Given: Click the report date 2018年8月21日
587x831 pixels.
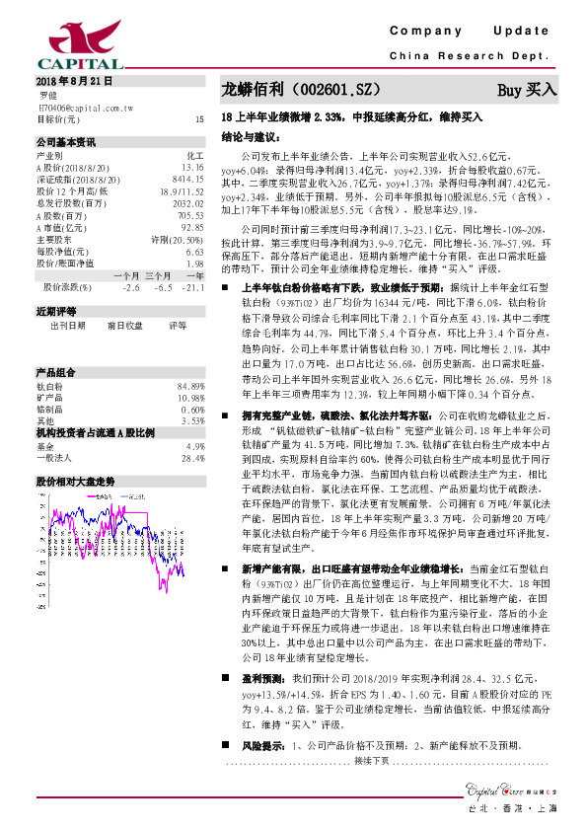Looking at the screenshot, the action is (74, 81).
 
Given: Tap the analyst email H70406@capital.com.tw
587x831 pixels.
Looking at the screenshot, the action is (85, 107).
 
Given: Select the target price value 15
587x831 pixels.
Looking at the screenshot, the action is (199, 118).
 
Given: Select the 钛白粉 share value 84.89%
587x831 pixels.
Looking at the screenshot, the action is (190, 357).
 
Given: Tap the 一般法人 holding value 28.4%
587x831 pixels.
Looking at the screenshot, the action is (192, 430).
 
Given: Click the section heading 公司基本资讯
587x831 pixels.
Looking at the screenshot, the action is (66, 142).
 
